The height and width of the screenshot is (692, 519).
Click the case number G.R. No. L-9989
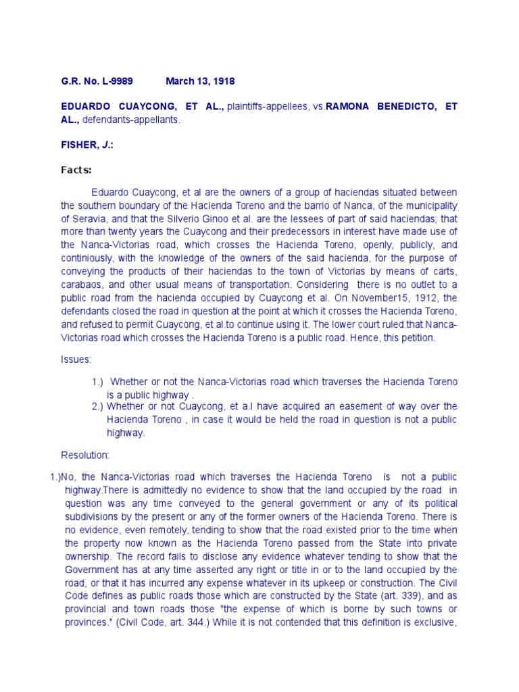click(97, 81)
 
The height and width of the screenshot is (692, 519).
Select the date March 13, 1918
click(200, 81)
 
